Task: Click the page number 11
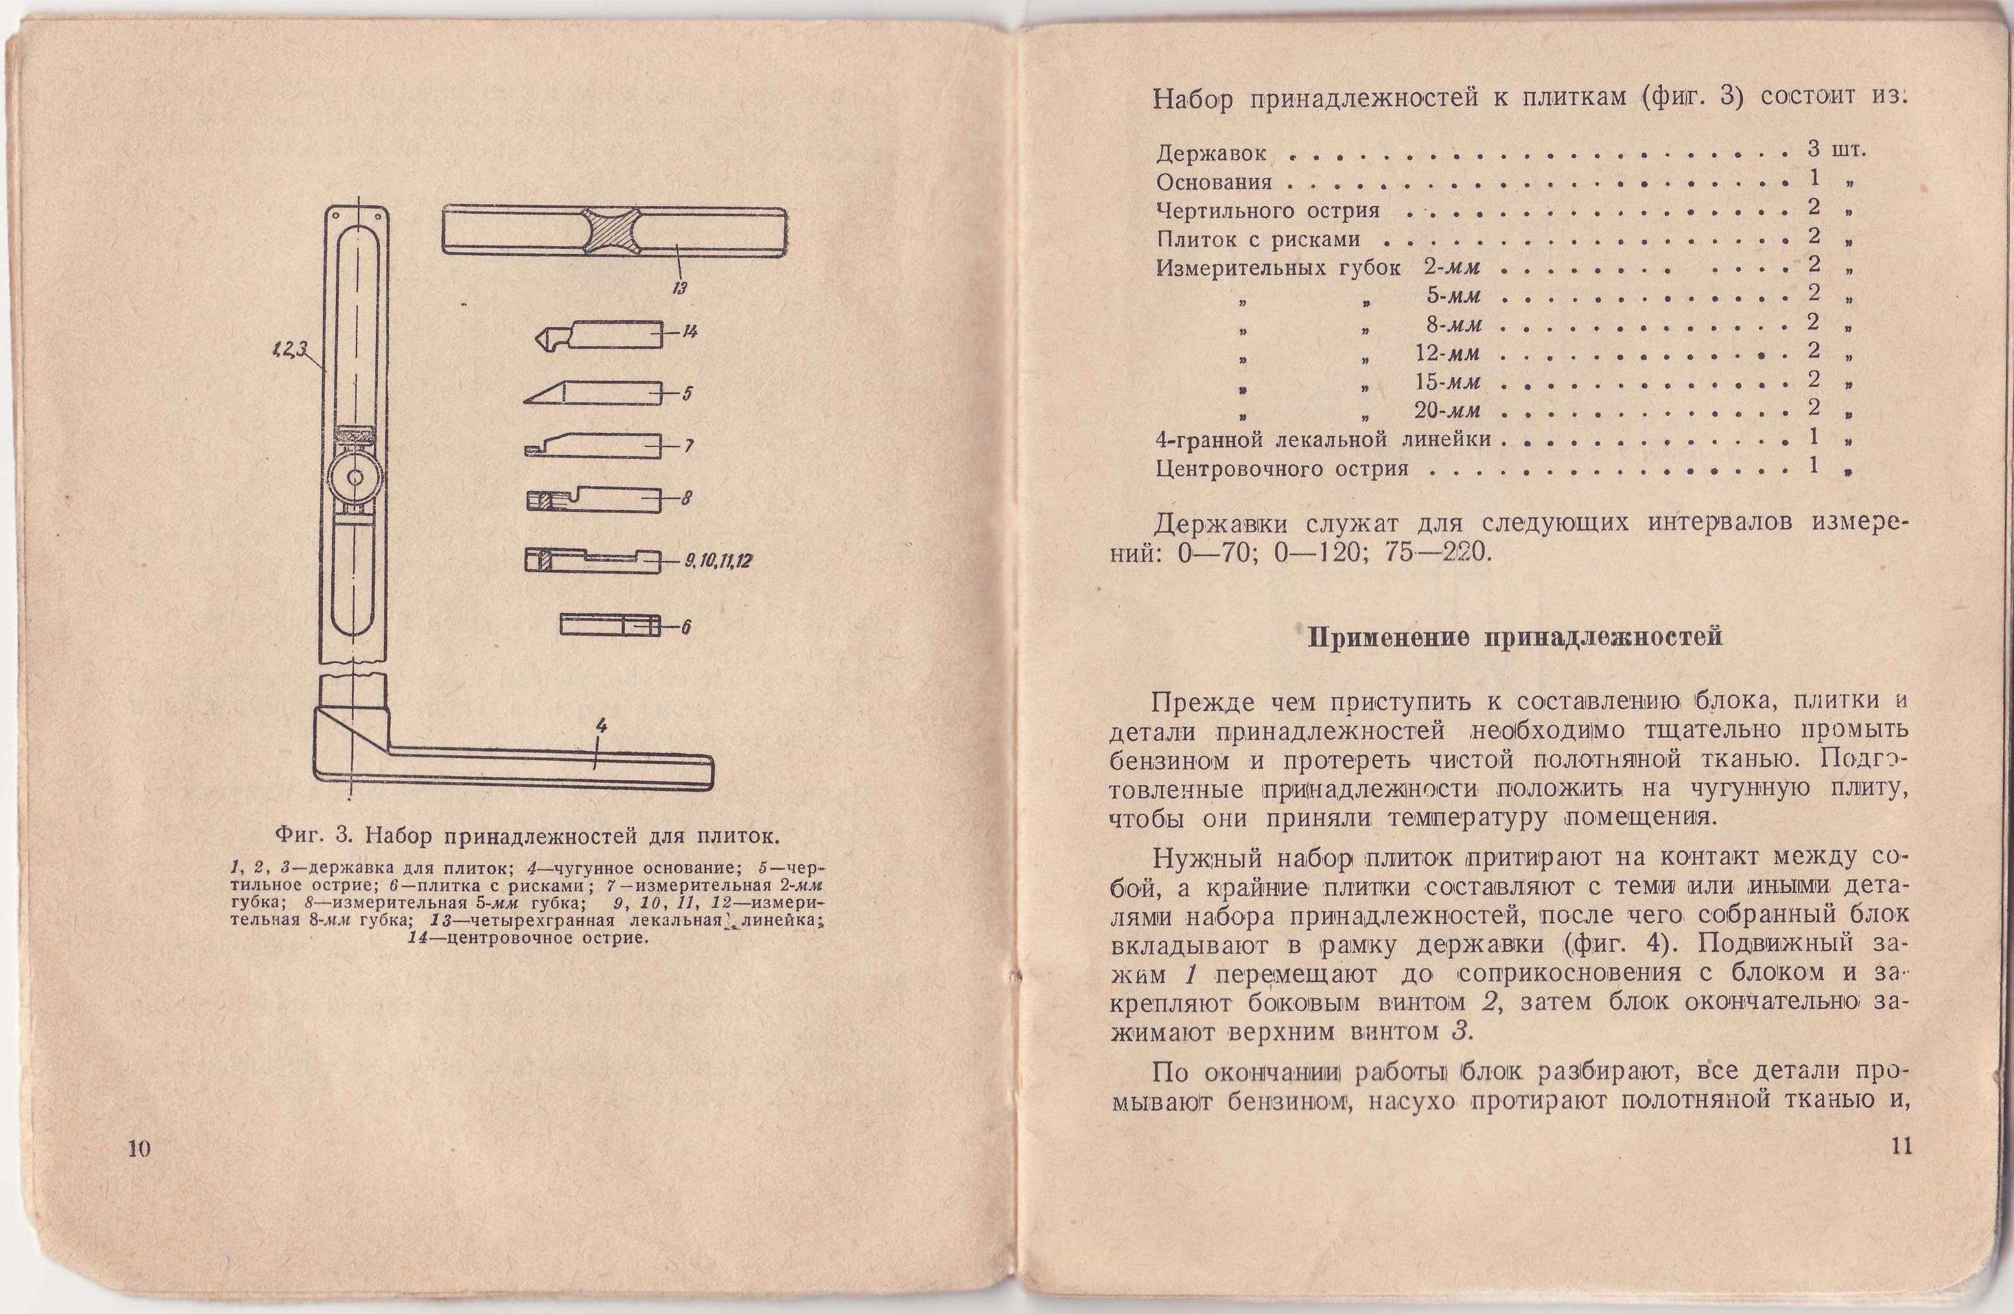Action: pos(1900,1147)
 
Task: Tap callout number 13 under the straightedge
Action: pos(679,288)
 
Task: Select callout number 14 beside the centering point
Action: pos(690,332)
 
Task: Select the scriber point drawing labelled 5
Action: pos(592,393)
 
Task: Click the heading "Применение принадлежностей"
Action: pos(1516,636)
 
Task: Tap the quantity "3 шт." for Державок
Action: pos(1837,150)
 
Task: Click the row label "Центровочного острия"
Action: pos(1282,468)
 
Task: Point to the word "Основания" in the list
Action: pos(1213,182)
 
